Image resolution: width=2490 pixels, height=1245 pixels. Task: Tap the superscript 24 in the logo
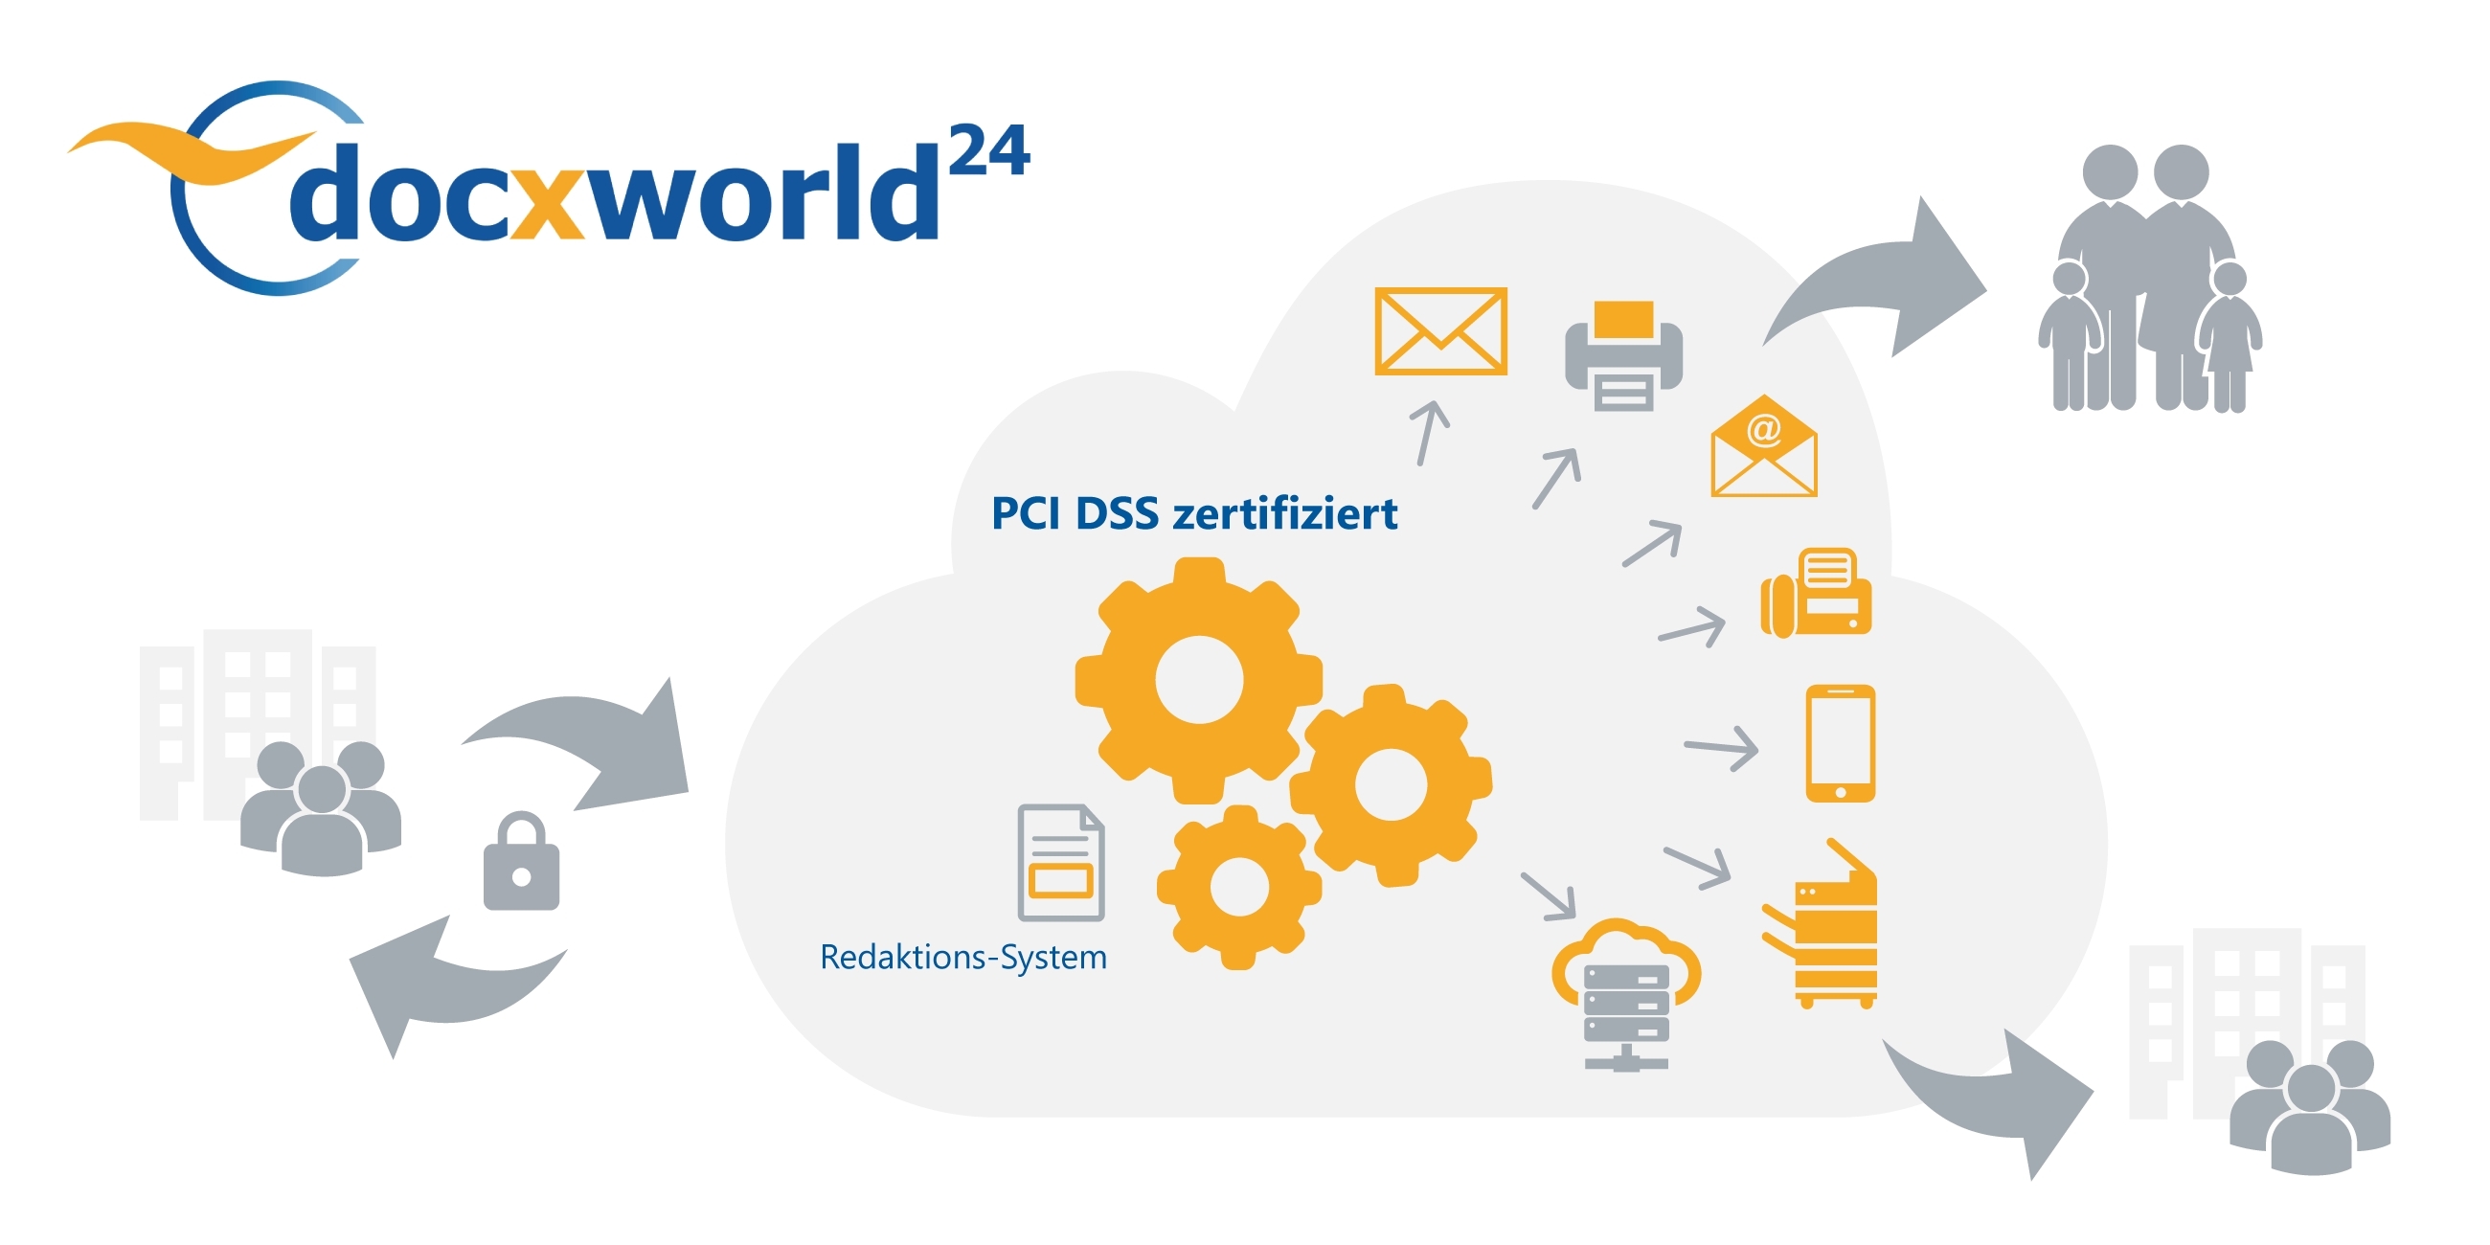click(x=989, y=151)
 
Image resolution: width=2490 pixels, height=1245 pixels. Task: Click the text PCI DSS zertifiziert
click(x=1194, y=513)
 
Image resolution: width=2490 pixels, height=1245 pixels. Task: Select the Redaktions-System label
click(x=962, y=957)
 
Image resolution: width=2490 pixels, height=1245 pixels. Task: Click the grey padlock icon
click(x=521, y=862)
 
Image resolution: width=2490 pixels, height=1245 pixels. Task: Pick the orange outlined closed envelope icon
click(x=1440, y=330)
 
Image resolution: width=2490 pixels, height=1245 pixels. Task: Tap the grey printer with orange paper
click(x=1624, y=355)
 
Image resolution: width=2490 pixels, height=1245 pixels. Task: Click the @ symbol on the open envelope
click(x=1764, y=429)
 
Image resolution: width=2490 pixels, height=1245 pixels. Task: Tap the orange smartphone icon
click(x=1841, y=743)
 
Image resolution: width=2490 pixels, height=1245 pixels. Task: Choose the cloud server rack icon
click(x=1627, y=996)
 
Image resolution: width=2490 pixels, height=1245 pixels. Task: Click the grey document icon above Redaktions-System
click(x=1060, y=862)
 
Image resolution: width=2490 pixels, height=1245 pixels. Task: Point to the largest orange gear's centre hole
click(x=1199, y=680)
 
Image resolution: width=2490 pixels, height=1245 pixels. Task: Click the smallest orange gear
click(x=1238, y=888)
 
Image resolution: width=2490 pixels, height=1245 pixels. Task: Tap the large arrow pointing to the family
click(x=1885, y=281)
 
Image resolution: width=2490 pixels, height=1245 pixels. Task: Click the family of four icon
click(x=2152, y=281)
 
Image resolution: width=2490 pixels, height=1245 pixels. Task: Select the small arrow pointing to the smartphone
click(x=1723, y=747)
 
